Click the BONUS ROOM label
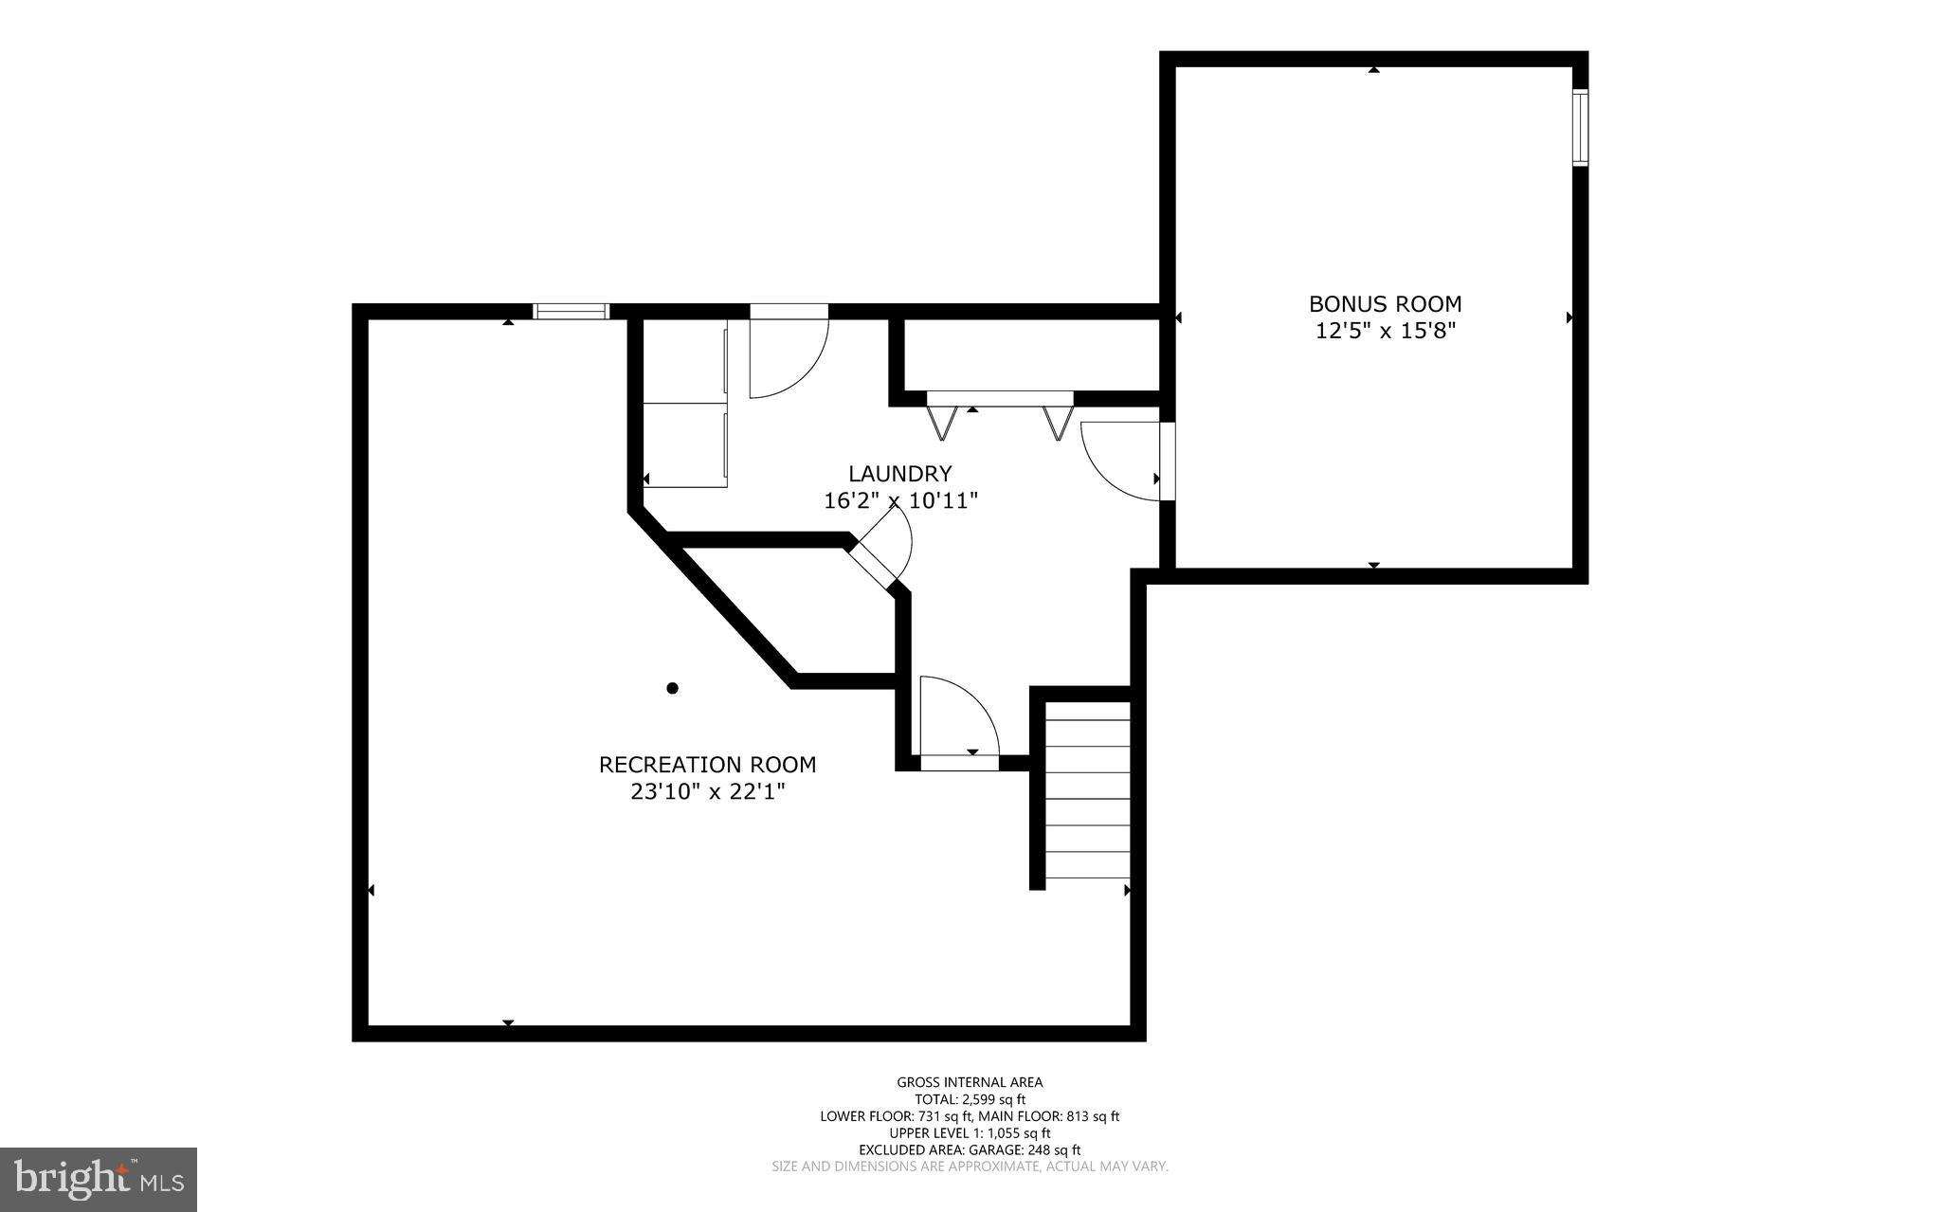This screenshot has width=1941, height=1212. coord(1385,304)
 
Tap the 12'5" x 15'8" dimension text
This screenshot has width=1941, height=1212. coord(1385,331)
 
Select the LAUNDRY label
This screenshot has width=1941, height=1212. coord(899,474)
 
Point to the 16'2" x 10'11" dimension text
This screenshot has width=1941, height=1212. coord(899,500)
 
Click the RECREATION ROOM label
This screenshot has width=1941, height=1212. coord(707,764)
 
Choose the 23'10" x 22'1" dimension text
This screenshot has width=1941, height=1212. coord(707,791)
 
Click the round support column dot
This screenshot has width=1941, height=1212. coord(672,688)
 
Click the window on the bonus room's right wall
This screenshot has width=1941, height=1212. coord(1580,127)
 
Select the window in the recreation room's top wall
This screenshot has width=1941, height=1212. coord(571,311)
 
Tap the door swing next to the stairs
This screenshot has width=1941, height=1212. coord(957,720)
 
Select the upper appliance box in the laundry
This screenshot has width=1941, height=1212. coord(685,361)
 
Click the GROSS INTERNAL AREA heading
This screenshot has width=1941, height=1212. coord(970,1082)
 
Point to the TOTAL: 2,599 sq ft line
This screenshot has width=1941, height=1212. coord(970,1099)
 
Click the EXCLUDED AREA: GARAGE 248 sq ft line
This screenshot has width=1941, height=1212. coord(970,1149)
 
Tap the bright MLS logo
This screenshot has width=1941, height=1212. coord(98,1179)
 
